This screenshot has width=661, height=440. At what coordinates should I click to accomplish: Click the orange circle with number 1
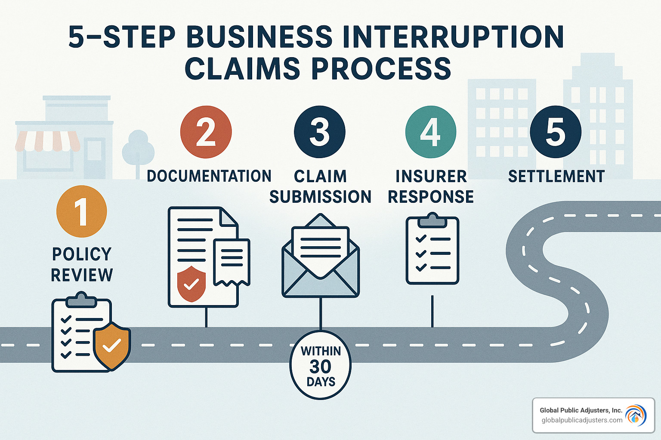click(x=81, y=211)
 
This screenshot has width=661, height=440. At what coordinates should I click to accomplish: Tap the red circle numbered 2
click(x=206, y=132)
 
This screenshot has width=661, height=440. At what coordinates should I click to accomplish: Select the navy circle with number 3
click(x=320, y=132)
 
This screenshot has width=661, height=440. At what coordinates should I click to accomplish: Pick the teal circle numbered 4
click(x=431, y=132)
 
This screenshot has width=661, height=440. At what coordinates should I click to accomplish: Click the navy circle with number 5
click(x=556, y=132)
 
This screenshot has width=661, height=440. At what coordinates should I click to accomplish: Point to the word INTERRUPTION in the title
click(x=454, y=37)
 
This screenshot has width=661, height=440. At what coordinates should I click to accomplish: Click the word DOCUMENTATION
click(x=209, y=176)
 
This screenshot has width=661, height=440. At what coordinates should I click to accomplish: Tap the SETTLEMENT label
click(x=556, y=177)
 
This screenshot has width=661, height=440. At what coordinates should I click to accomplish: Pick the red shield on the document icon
click(x=192, y=284)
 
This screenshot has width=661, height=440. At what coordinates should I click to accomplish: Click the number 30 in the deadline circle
click(x=321, y=367)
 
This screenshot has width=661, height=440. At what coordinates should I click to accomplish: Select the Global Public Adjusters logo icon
click(x=636, y=416)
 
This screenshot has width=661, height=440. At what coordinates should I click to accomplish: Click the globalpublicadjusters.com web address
click(x=582, y=420)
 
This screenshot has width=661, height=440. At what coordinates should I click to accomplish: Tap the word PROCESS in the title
click(x=381, y=69)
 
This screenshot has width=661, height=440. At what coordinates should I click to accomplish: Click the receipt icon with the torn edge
click(x=232, y=262)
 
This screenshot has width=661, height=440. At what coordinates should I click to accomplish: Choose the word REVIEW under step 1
click(x=82, y=275)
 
